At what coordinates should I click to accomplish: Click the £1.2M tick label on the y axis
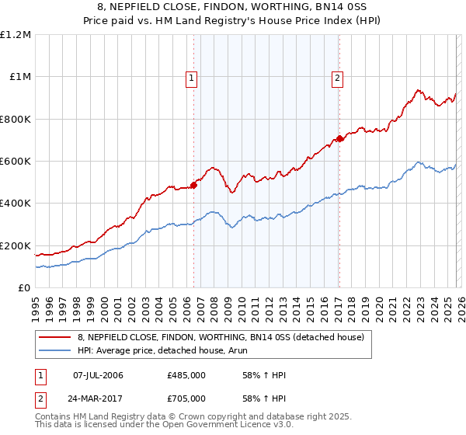pos(16,35)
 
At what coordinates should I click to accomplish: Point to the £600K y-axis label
pos(16,162)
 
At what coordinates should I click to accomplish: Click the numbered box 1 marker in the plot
pos(191,77)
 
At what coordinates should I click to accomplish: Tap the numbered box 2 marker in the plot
pos(338,77)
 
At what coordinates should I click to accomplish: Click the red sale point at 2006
pos(193,186)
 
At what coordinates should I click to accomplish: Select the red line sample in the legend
pos(54,337)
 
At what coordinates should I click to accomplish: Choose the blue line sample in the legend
pos(54,350)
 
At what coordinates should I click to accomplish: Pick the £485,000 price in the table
pos(186,375)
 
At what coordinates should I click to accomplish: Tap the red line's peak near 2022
pos(417,90)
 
